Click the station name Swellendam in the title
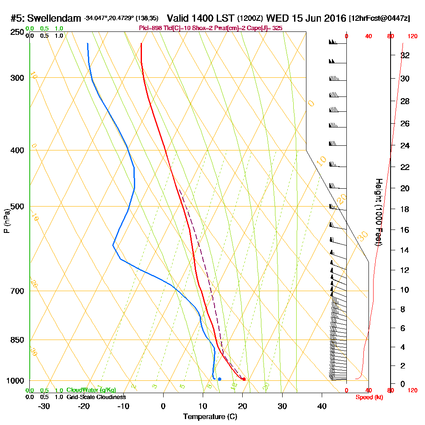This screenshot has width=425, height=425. (55, 18)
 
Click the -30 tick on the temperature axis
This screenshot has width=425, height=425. (44, 406)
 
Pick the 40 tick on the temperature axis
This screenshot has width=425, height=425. (322, 406)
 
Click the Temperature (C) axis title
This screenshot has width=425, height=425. (210, 417)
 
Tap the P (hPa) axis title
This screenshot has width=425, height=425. (6, 221)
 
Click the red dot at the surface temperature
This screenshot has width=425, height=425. (244, 379)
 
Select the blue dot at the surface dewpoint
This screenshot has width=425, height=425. (219, 379)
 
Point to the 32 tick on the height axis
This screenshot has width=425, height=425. (405, 55)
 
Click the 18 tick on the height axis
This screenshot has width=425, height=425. (405, 209)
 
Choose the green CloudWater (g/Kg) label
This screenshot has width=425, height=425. (91, 390)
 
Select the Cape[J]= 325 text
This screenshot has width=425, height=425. (266, 28)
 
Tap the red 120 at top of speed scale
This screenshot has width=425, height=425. (412, 36)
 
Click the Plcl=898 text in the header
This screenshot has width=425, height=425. (150, 28)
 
